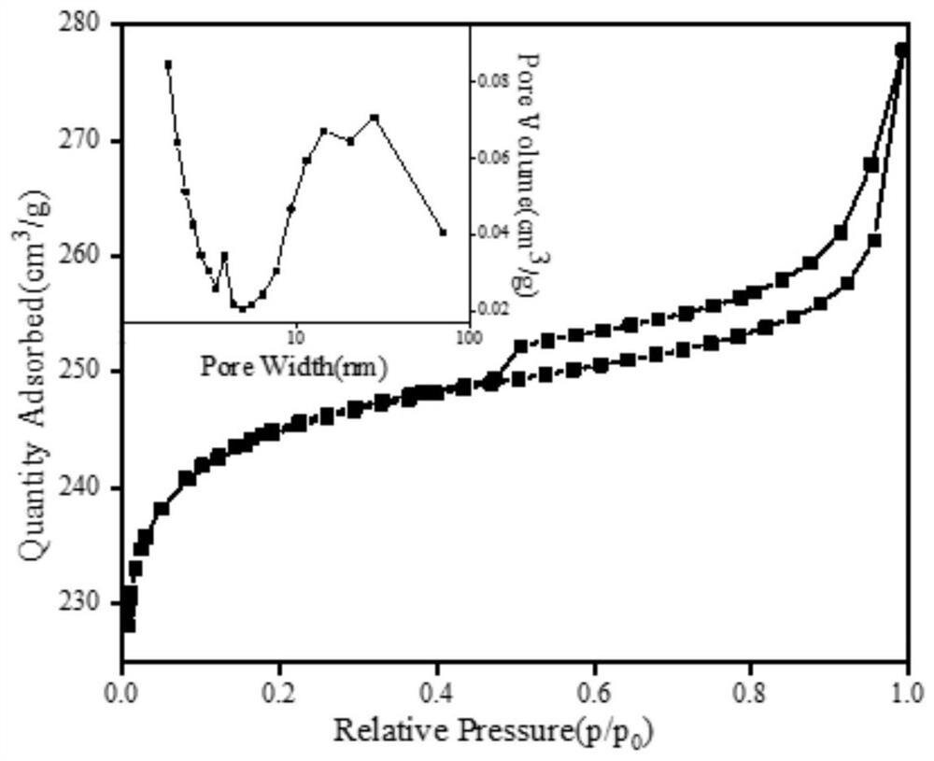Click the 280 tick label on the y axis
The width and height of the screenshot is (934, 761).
coord(92,24)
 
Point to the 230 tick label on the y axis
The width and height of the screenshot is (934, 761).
coord(92,603)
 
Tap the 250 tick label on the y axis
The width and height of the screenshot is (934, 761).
coord(92,372)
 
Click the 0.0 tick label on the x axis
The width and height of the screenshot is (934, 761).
coord(122,696)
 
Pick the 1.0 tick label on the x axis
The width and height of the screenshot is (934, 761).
coord(905,696)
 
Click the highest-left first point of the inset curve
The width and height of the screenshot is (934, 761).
coord(168,64)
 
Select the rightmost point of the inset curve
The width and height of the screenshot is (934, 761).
coord(443,233)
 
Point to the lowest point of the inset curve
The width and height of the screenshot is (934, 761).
coord(242,308)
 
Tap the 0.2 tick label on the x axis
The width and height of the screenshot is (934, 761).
coord(279,696)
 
